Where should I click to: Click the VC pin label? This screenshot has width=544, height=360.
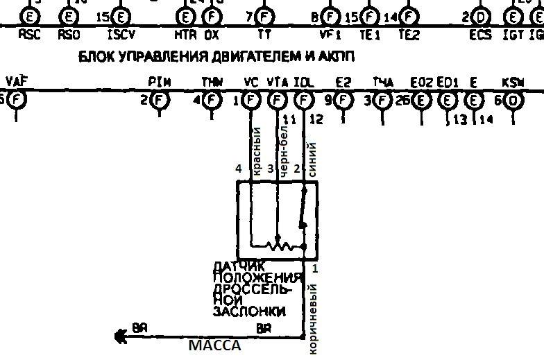(x=251, y=82)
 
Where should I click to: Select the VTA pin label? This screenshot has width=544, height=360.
(x=277, y=82)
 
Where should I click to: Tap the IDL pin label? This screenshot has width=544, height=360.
(x=303, y=82)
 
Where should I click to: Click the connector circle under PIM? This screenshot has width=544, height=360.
(x=160, y=100)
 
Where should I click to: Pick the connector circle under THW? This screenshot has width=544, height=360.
(x=212, y=100)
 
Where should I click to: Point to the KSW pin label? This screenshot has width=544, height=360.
(x=513, y=82)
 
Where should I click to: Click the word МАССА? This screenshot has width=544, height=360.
(x=215, y=345)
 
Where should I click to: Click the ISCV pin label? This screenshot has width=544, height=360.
(x=121, y=33)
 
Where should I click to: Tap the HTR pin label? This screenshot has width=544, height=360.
(x=186, y=33)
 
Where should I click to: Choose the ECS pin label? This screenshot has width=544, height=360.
(x=480, y=33)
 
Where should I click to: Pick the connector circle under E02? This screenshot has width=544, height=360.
(x=421, y=100)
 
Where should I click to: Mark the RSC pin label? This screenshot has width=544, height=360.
(x=29, y=33)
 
